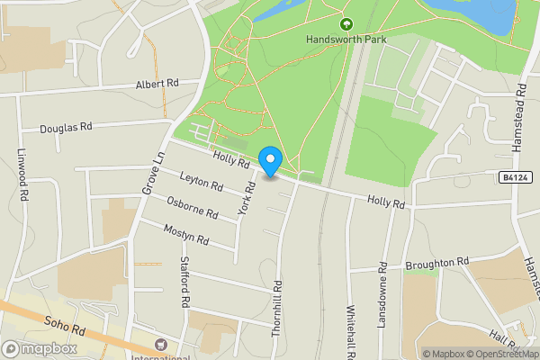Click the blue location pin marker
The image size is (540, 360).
point(271,161)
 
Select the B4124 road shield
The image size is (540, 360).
point(514,178)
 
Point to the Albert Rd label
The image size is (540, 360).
point(157,84)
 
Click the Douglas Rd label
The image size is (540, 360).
point(67,129)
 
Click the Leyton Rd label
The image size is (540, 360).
point(201,182)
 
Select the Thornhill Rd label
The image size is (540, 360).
point(277,312)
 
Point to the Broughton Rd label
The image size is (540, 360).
point(437,262)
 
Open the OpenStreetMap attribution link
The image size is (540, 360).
point(503,354)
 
